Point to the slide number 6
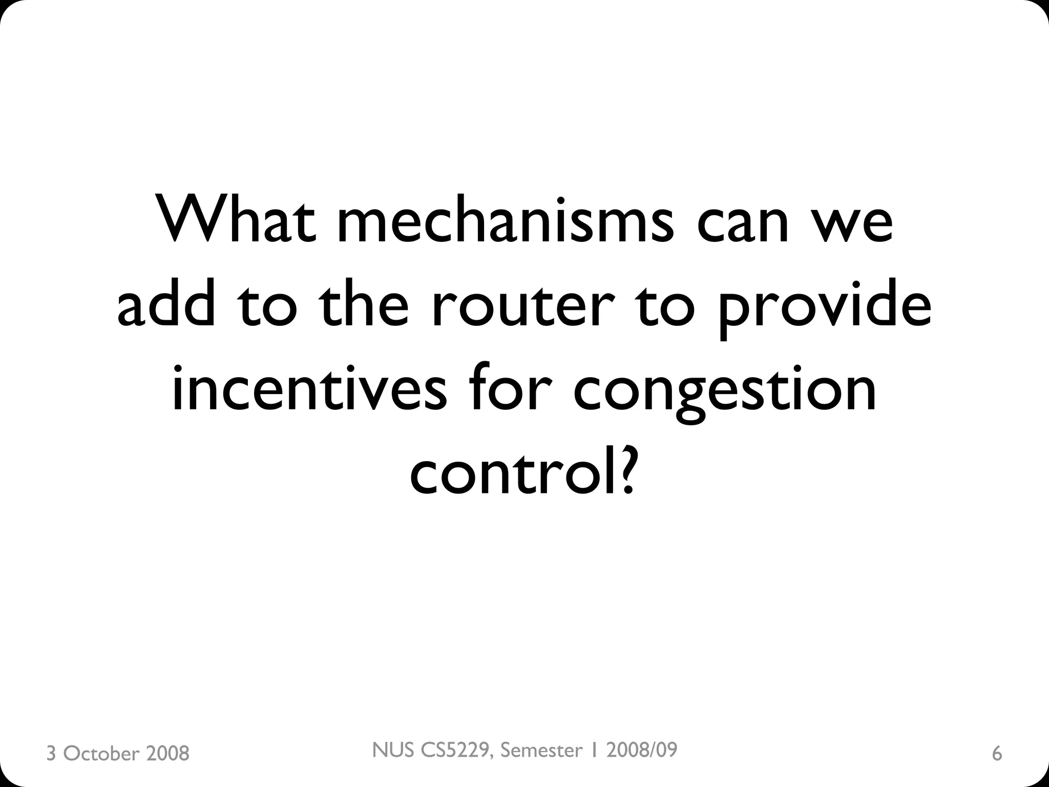[997, 754]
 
